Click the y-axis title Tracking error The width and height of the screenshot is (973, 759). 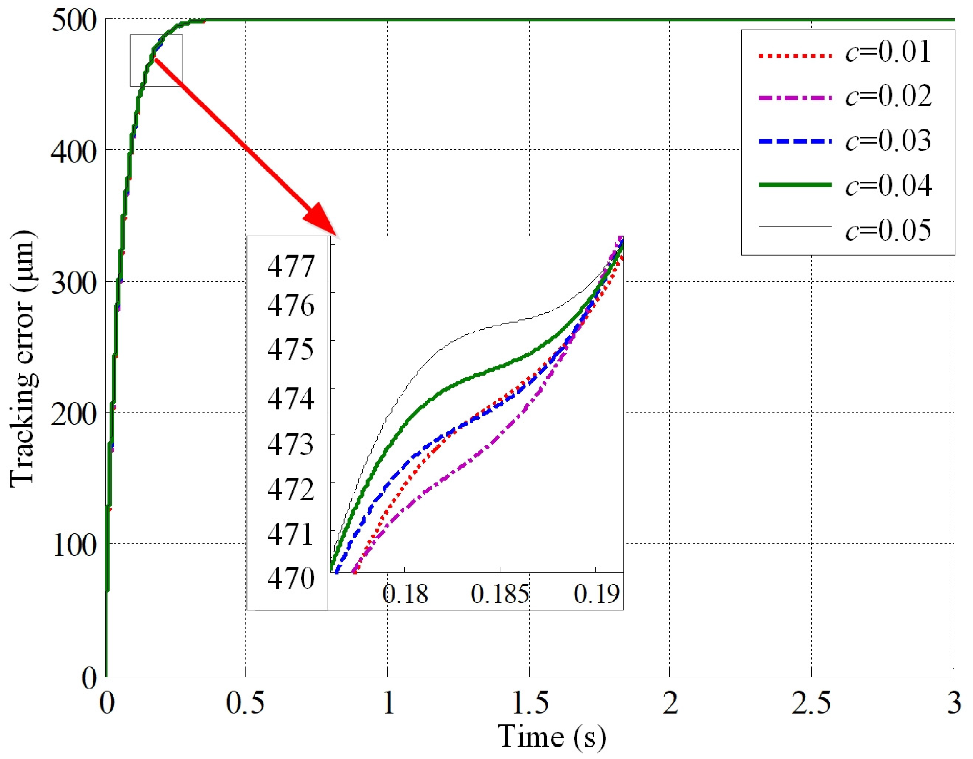point(22,358)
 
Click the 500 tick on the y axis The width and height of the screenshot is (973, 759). point(74,20)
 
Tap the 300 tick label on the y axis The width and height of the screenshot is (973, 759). point(74,282)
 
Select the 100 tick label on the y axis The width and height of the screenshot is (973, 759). point(74,545)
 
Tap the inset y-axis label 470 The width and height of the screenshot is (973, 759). point(290,579)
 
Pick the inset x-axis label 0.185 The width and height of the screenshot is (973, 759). point(500,594)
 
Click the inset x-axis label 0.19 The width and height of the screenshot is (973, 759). point(597,594)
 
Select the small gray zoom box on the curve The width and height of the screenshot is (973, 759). point(156,60)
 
